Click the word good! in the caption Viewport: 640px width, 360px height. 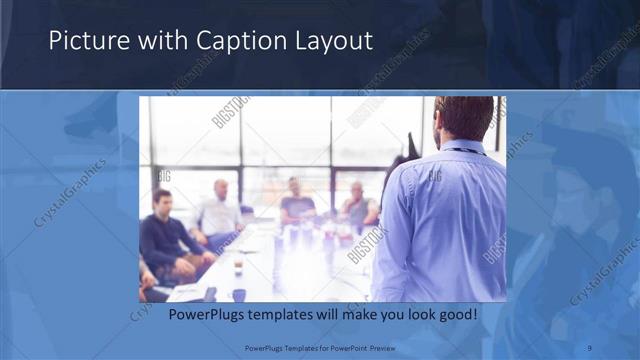(x=456, y=314)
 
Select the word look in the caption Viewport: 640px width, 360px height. (x=415, y=314)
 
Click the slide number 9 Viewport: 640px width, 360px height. (x=590, y=347)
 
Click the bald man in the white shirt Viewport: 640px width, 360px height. (x=219, y=210)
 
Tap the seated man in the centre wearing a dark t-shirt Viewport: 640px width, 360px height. (x=296, y=200)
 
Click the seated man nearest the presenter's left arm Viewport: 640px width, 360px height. (x=357, y=205)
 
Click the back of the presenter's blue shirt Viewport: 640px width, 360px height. (x=450, y=220)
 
